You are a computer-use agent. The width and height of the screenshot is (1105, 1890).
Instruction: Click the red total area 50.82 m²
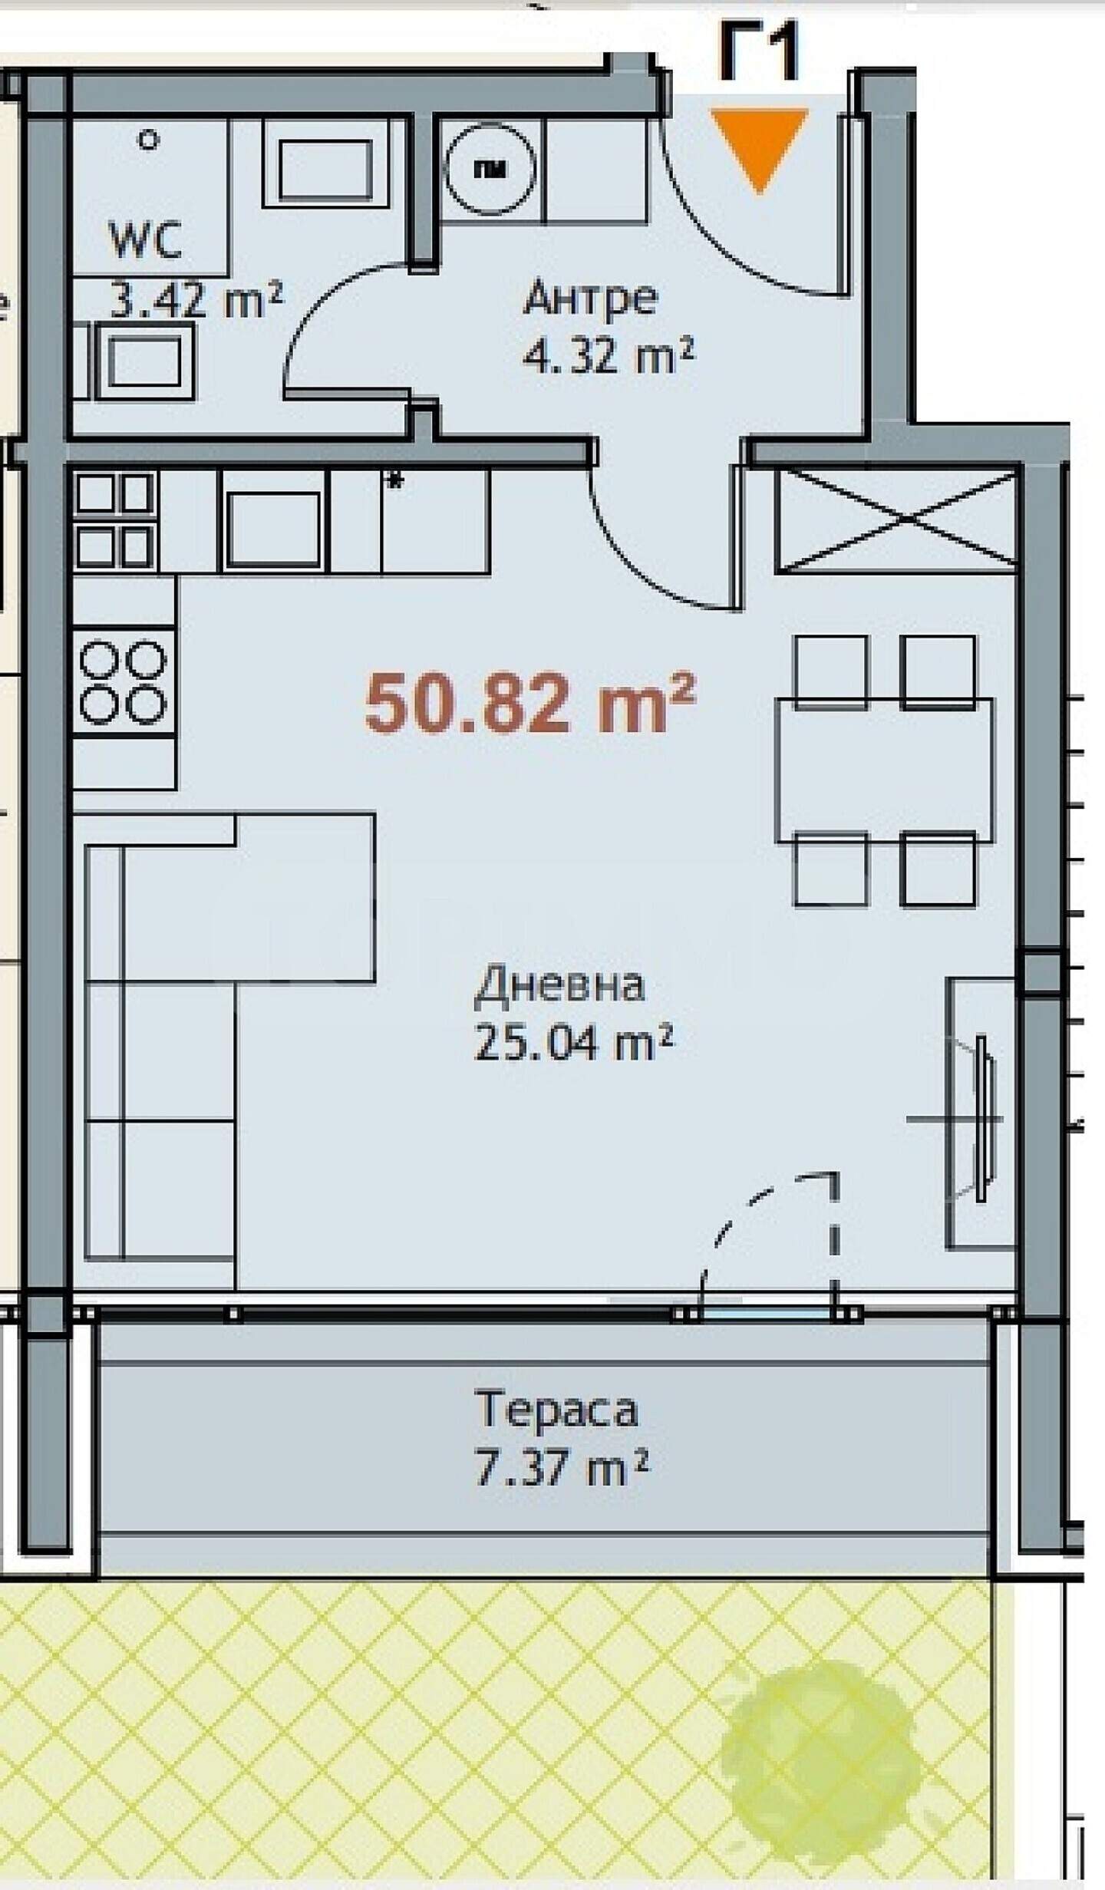pyautogui.click(x=530, y=703)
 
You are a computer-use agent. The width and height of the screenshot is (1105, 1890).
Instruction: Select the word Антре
pyautogui.click(x=590, y=298)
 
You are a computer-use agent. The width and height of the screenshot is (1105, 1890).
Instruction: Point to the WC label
pyautogui.click(x=146, y=239)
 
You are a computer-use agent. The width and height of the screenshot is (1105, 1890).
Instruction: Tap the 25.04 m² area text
pyautogui.click(x=574, y=1042)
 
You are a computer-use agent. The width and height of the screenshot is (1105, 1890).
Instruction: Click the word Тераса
pyautogui.click(x=556, y=1410)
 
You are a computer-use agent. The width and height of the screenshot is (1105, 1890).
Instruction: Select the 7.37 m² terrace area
pyautogui.click(x=562, y=1467)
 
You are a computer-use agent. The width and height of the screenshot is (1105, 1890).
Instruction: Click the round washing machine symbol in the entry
pyautogui.click(x=490, y=170)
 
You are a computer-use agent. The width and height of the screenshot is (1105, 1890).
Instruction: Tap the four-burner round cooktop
pyautogui.click(x=124, y=683)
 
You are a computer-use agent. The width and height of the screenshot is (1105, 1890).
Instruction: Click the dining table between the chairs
pyautogui.click(x=884, y=770)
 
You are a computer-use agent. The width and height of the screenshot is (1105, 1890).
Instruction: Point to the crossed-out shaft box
pyautogui.click(x=897, y=521)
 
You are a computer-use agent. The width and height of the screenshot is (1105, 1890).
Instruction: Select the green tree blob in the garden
pyautogui.click(x=820, y=1733)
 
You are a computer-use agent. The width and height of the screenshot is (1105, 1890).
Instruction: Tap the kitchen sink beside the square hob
pyautogui.click(x=273, y=529)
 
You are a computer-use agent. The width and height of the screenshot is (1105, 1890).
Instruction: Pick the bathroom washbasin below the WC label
pyautogui.click(x=144, y=361)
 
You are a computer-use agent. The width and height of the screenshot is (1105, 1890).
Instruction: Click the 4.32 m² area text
pyautogui.click(x=609, y=357)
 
